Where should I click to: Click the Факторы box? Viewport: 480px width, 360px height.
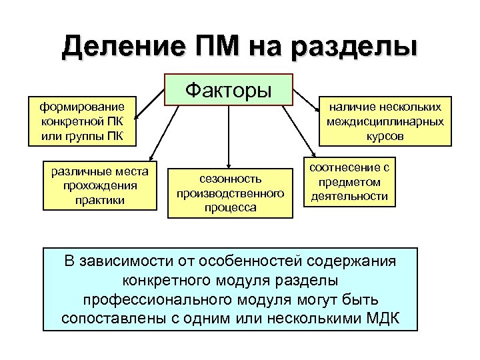point(229,89)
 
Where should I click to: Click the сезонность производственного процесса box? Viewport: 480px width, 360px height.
point(231,193)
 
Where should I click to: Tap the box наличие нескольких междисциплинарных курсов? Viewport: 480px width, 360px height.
point(385,121)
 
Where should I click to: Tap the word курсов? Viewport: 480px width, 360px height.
point(385,136)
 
